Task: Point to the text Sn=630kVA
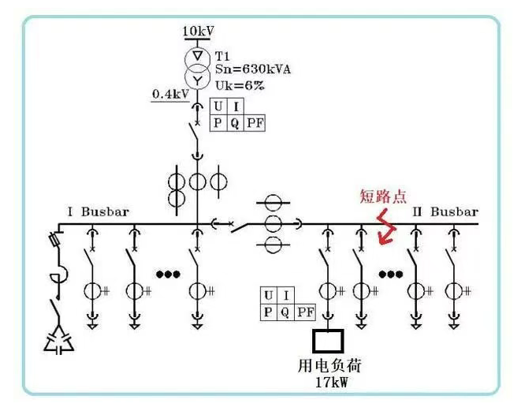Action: click(253, 69)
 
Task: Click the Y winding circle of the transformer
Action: click(197, 79)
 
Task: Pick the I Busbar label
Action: click(98, 212)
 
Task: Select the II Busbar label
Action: click(445, 212)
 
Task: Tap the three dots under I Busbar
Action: click(168, 275)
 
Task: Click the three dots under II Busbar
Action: click(390, 275)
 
